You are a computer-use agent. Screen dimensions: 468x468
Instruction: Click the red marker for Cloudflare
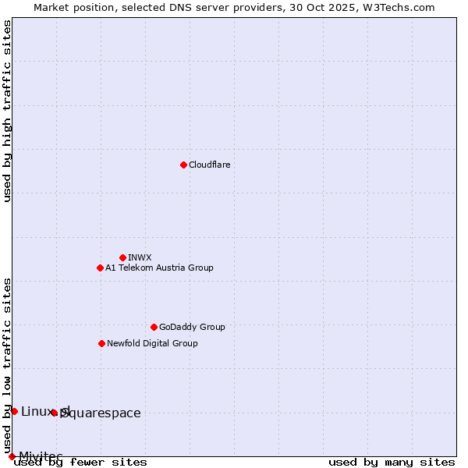click(183, 165)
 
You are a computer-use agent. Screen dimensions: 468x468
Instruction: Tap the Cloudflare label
click(209, 165)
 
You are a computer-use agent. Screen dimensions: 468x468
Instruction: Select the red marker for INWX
click(122, 257)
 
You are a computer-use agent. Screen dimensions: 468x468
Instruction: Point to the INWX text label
click(140, 257)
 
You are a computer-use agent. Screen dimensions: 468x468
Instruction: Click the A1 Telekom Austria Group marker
click(100, 268)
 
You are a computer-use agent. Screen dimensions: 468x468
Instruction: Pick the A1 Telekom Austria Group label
click(159, 268)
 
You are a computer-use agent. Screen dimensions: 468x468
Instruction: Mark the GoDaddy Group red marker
click(154, 327)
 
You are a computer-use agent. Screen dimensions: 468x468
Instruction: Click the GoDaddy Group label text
click(192, 327)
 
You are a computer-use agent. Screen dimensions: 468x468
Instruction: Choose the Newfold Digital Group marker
click(101, 343)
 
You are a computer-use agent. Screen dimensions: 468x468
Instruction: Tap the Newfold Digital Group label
click(152, 343)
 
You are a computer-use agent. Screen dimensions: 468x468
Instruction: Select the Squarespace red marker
click(54, 413)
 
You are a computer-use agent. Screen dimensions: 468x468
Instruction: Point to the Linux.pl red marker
click(14, 411)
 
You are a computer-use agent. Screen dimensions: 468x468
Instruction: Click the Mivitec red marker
click(12, 456)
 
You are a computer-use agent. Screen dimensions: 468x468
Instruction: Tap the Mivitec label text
click(41, 456)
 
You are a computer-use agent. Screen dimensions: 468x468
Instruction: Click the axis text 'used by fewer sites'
click(80, 463)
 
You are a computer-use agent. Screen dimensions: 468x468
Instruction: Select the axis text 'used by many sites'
click(392, 463)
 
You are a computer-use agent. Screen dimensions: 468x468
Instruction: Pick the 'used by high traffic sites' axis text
click(7, 112)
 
